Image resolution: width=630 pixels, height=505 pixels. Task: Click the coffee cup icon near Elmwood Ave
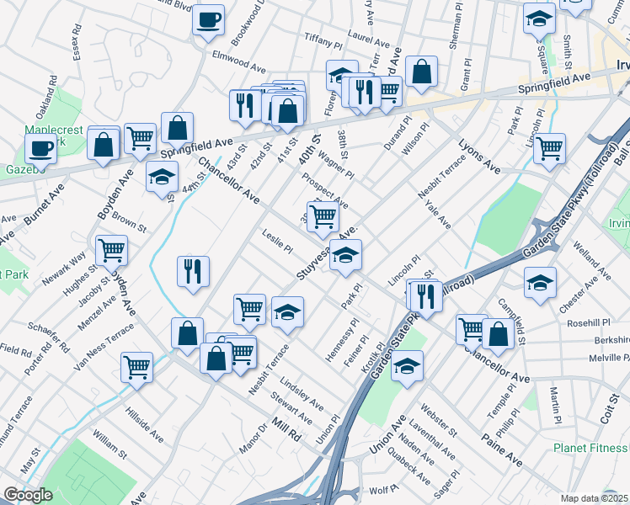(208, 19)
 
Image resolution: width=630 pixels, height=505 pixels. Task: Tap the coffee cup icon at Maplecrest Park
(40, 148)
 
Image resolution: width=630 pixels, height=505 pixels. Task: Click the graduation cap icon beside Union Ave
(407, 365)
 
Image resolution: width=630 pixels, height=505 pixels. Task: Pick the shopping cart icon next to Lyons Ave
(549, 148)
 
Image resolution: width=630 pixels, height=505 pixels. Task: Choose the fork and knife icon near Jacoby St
(193, 271)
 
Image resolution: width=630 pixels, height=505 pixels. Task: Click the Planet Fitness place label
(589, 448)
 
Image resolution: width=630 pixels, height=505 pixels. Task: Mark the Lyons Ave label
(479, 157)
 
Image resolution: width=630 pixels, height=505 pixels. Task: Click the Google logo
(28, 495)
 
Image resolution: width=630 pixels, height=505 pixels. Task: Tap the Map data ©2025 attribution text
(594, 498)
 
